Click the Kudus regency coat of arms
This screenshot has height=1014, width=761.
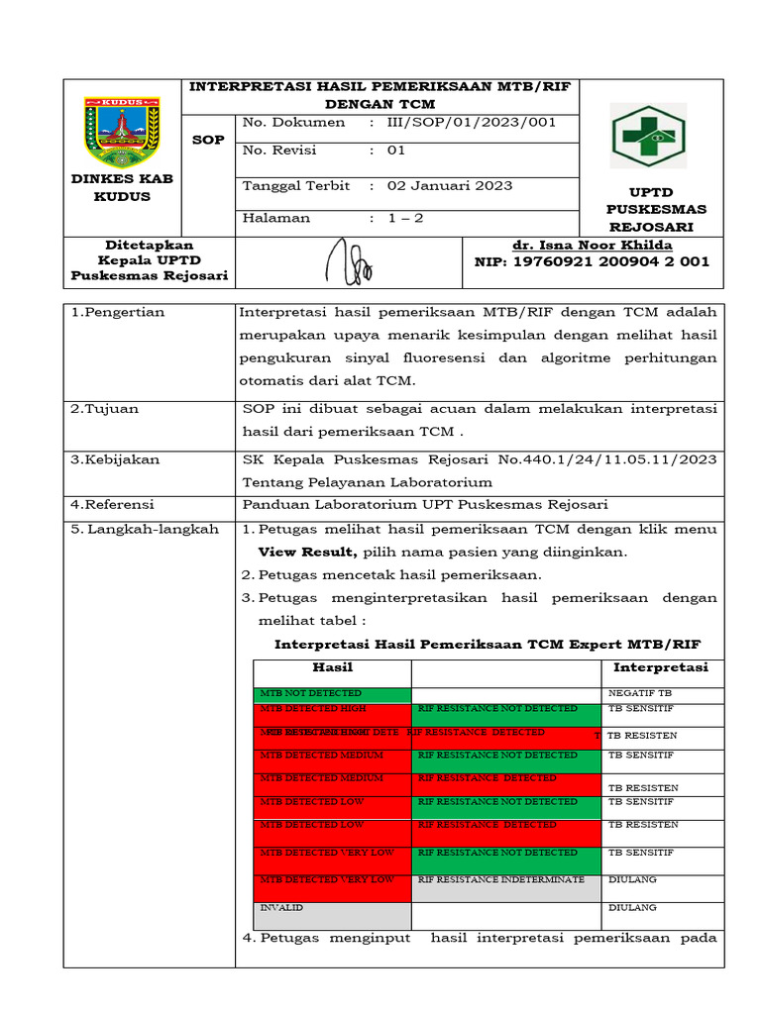[x=121, y=132]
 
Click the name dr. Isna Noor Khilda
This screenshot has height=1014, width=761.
[x=592, y=246]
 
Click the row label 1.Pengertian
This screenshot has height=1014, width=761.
[x=118, y=313]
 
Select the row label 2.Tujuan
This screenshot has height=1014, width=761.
[x=104, y=408]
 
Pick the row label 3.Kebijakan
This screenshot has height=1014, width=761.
[x=115, y=459]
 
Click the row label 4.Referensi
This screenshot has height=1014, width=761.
[x=113, y=505]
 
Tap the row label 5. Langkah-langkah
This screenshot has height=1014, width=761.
[x=145, y=530]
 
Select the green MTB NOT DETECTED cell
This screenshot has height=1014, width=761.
[x=332, y=693]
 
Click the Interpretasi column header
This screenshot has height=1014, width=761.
[x=660, y=667]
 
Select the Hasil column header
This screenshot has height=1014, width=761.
[x=332, y=667]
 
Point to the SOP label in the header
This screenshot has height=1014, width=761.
[x=208, y=140]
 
